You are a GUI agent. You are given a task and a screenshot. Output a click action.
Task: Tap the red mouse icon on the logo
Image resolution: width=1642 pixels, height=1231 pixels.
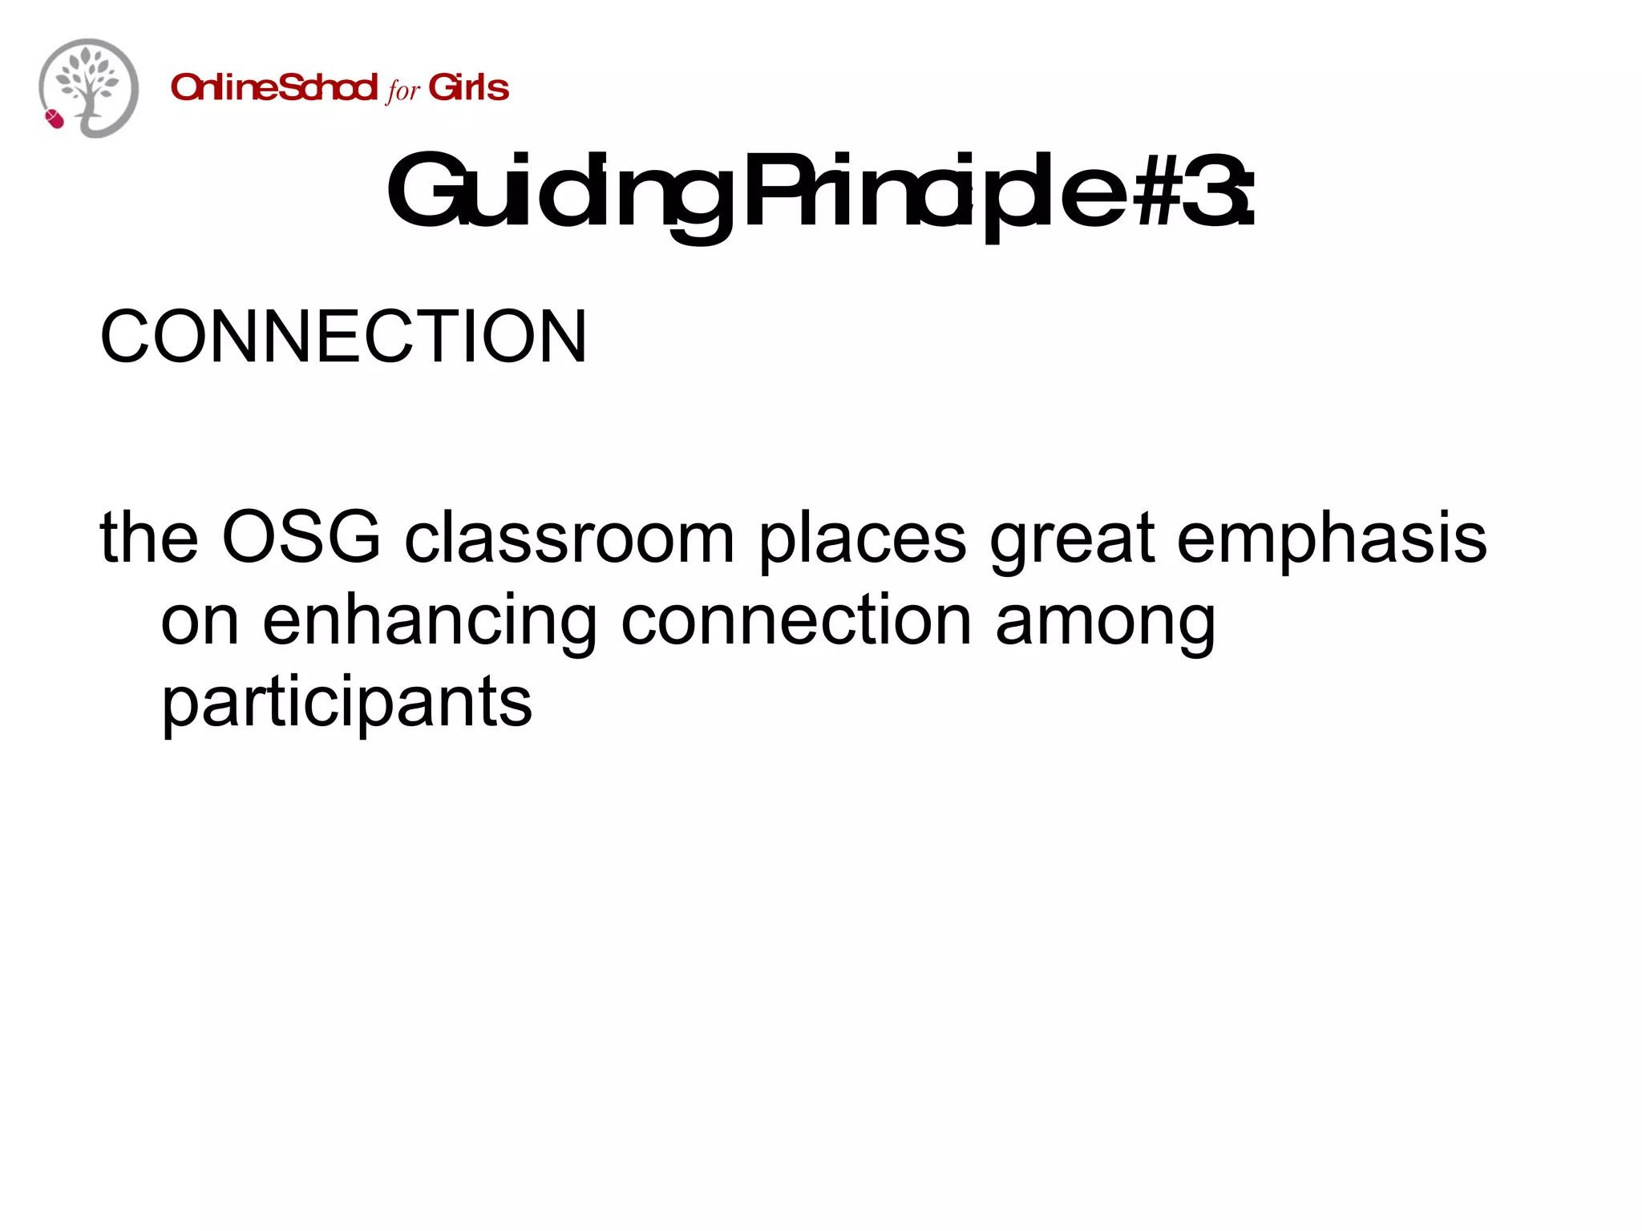coord(55,119)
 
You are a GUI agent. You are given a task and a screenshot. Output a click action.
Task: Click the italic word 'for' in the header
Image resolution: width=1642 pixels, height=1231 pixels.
coord(402,90)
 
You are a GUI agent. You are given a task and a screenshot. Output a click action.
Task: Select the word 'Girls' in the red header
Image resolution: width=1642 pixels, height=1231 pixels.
coord(469,87)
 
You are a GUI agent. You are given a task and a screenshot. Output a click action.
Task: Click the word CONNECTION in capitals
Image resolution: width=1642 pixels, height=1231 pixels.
coord(343,337)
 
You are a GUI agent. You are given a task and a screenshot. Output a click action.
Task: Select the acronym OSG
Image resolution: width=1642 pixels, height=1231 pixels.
coord(301,538)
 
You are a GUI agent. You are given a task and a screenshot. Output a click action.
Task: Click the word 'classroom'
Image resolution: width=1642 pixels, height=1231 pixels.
coord(569,538)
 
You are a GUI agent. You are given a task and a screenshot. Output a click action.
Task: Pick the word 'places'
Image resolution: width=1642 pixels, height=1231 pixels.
coord(863,538)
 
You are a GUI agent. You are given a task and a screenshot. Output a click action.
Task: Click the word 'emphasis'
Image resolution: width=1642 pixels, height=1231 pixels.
coord(1332,538)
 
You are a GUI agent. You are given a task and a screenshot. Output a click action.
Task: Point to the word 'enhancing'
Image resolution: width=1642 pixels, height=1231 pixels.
coord(430,621)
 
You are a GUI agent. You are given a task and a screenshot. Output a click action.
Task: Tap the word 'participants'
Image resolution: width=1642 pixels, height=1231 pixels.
coord(346,703)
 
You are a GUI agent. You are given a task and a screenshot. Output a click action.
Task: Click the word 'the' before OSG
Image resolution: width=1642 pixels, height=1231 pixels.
coord(149,538)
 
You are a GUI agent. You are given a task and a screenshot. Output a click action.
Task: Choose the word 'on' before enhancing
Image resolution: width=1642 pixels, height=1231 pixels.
coord(200,621)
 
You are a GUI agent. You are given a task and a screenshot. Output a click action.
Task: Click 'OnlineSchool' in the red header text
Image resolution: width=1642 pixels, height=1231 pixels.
coord(273,87)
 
